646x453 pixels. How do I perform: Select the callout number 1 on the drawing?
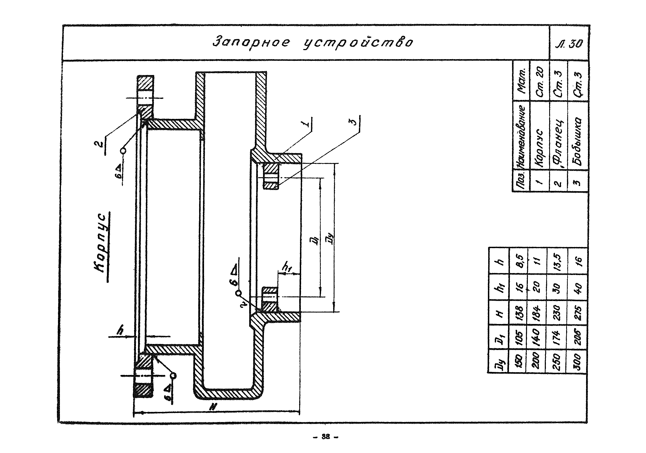[308, 123]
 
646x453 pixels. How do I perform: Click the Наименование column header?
[520, 135]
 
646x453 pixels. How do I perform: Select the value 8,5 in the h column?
[519, 261]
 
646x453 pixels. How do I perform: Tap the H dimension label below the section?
[214, 407]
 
